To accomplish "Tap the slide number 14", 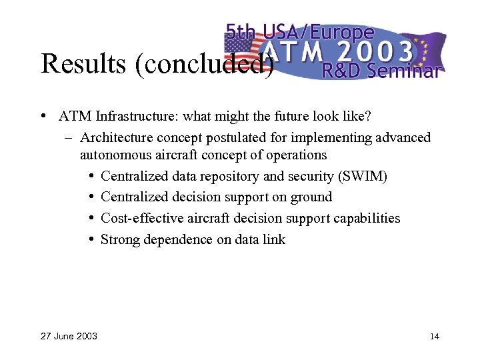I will pos(435,336).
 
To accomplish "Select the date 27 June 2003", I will pos(69,336).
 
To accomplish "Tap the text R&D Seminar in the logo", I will pos(381,70).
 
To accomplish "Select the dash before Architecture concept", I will pos(69,138).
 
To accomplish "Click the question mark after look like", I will pos(368,117).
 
